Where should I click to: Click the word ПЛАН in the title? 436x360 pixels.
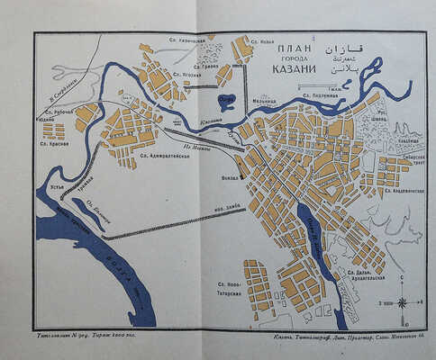coord(295,49)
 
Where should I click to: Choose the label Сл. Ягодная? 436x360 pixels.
coord(186,75)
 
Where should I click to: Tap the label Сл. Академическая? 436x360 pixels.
coord(404,191)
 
